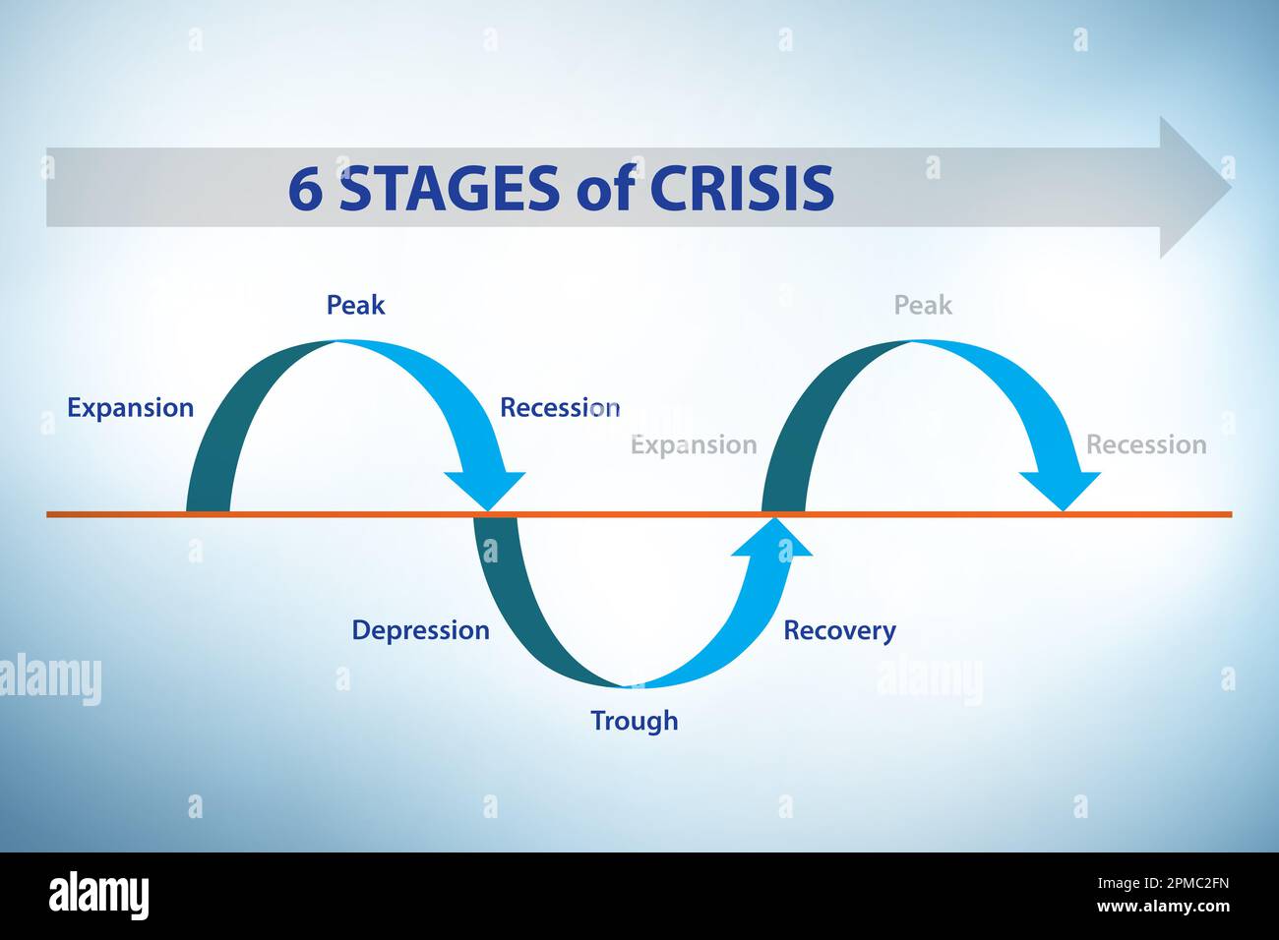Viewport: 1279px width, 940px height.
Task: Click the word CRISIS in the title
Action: pos(742,189)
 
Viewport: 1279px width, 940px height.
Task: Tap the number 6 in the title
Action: pos(305,189)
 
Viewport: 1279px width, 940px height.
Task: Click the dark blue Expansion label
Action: pos(130,408)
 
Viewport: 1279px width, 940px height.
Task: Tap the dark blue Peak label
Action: pos(355,305)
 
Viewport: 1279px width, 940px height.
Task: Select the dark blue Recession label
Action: pos(559,408)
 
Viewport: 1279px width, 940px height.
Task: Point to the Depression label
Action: pos(420,630)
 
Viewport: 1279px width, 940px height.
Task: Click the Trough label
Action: pos(634,721)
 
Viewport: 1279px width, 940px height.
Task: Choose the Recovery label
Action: pos(839,630)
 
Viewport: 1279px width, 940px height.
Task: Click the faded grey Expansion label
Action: pos(694,444)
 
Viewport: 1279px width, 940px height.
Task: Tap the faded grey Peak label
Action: pos(923,305)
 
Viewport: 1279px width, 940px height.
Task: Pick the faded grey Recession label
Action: pos(1145,444)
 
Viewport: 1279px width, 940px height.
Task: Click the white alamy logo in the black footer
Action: pos(98,896)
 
